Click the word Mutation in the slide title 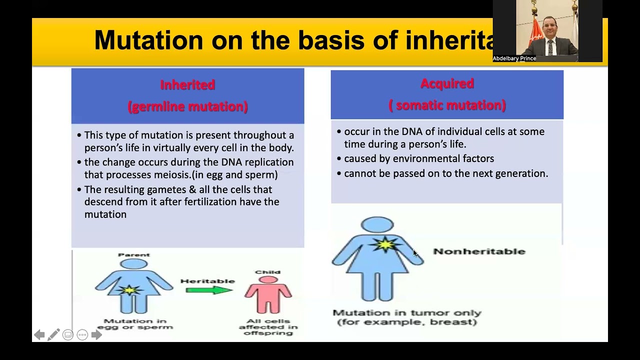point(148,40)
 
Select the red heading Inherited point(187,85)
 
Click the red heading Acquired point(447,83)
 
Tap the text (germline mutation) point(187,106)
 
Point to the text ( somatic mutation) point(447,105)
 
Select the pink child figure point(268,295)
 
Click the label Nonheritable point(479,251)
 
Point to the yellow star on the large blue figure point(385,245)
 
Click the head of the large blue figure point(377,225)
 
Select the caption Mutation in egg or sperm point(134,324)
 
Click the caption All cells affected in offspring point(268,327)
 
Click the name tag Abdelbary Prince point(514,58)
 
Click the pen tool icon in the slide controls point(53,334)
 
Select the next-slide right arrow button point(96,335)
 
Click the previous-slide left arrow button point(39,335)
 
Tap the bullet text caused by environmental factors point(419,158)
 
